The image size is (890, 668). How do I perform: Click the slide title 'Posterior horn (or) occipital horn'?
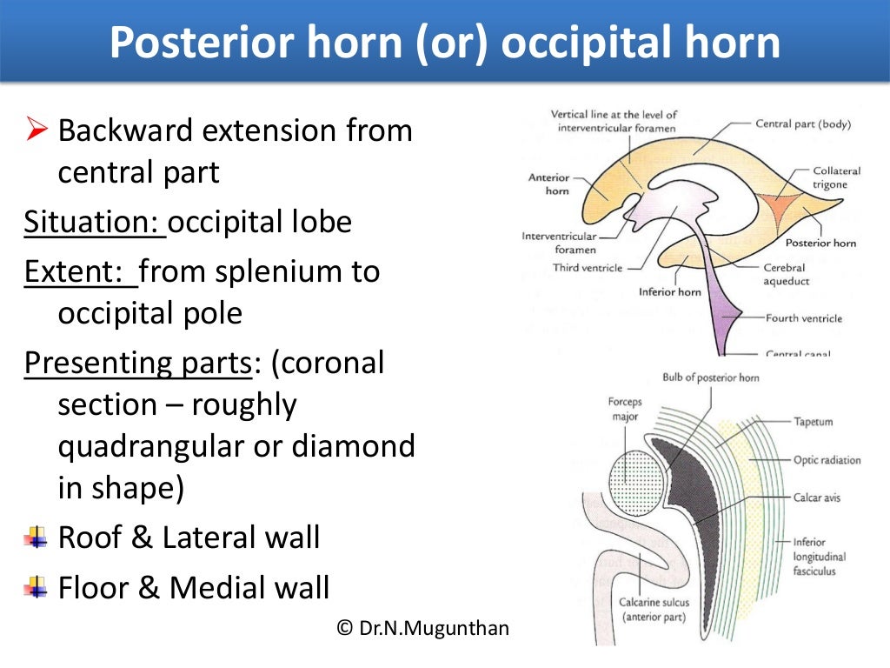(444, 43)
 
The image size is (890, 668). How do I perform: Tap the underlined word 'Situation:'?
(94, 223)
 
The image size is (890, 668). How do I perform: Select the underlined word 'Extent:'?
(80, 272)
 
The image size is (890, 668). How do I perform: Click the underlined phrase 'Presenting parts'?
(136, 363)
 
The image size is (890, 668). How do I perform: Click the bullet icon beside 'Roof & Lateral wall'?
(36, 539)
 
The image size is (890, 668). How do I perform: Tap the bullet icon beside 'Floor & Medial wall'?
(36, 588)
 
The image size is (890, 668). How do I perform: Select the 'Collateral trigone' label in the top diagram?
(836, 178)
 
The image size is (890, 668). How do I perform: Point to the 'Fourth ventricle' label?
(803, 318)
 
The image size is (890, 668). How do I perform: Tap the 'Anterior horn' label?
(548, 184)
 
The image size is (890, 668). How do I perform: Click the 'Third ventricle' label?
(588, 268)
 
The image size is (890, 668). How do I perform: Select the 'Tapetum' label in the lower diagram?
(814, 422)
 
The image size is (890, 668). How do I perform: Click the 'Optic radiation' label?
(827, 460)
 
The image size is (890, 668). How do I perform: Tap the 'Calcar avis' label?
(817, 498)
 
